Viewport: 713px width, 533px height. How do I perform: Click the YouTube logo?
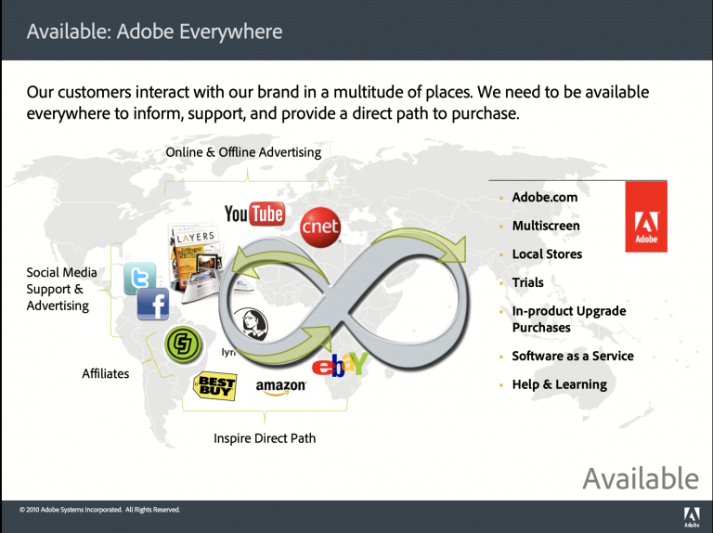click(253, 214)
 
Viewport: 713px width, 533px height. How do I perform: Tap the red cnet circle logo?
click(320, 227)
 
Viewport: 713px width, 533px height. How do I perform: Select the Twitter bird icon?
click(140, 278)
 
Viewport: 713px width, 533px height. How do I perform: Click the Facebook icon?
click(153, 305)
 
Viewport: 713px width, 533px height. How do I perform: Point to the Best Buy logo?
click(214, 385)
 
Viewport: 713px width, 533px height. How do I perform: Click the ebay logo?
click(340, 364)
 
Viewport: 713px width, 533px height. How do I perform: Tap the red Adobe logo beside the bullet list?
click(645, 216)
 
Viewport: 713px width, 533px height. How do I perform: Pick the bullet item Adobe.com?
click(544, 198)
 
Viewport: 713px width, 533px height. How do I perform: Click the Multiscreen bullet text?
click(546, 226)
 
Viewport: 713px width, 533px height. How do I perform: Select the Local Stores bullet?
click(547, 254)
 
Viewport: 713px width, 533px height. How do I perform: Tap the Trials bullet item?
click(527, 282)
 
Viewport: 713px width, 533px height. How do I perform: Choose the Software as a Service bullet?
click(573, 357)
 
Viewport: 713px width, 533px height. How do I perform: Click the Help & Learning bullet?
click(559, 384)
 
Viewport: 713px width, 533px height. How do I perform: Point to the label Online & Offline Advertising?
click(243, 152)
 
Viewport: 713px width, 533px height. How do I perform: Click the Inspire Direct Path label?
click(265, 438)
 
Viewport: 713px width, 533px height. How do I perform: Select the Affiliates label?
click(106, 374)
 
